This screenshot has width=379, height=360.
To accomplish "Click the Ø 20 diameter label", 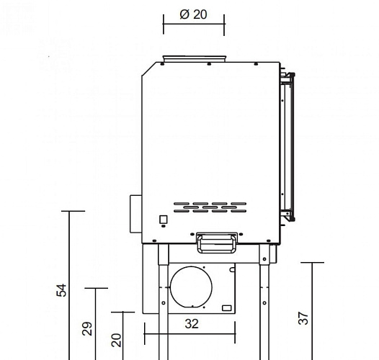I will (193, 15).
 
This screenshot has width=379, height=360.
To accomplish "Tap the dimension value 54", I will (62, 290).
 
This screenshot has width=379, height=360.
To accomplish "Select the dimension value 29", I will (86, 328).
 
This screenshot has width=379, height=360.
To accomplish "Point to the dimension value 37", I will (303, 318).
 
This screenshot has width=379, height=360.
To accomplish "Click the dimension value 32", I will (191, 324).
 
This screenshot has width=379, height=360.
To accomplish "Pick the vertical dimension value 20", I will (115, 341).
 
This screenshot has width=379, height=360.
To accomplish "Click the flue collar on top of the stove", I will (194, 58).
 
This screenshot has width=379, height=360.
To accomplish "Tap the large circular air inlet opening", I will (192, 289).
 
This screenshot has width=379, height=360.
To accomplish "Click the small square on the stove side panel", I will (164, 220).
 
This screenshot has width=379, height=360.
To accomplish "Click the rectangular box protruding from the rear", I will (135, 214).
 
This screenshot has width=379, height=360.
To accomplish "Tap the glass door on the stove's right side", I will (287, 144).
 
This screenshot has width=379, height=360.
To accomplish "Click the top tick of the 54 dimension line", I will (73, 211).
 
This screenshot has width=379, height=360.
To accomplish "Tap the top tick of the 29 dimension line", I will (96, 288).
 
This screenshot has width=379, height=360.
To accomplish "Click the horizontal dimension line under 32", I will (190, 334).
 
